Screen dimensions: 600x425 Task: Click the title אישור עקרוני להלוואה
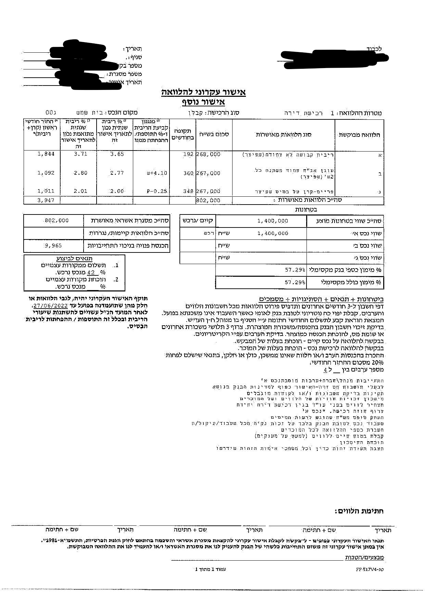pos(203,92)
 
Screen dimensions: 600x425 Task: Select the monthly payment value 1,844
pos(46,154)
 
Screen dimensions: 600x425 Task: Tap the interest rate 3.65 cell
pos(117,154)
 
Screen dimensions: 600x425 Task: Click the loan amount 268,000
pos(208,154)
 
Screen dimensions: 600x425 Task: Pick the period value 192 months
pos(188,154)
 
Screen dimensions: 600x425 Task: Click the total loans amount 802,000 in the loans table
pos(208,200)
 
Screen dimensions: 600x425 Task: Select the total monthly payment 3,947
pos(46,200)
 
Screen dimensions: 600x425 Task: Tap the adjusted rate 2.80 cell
pos(80,173)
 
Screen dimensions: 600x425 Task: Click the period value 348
pos(188,191)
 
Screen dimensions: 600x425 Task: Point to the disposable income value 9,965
pos(53,245)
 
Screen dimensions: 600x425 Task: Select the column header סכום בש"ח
pos(214,134)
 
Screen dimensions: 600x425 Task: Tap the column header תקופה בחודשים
pos(183,134)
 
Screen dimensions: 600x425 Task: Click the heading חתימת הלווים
pos(359,511)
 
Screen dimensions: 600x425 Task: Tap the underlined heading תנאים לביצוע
pos(74,258)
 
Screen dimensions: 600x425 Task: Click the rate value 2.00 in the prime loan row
pos(117,191)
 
